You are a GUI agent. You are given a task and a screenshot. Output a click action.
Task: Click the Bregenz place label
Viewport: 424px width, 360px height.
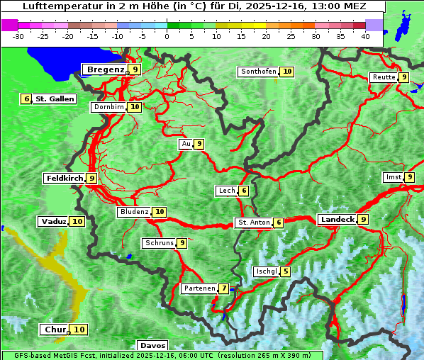pyautogui.click(x=105, y=69)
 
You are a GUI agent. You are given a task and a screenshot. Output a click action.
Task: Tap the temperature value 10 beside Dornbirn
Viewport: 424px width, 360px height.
pyautogui.click(x=135, y=107)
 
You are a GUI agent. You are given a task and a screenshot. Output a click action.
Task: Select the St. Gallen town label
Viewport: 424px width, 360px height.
pyautogui.click(x=55, y=99)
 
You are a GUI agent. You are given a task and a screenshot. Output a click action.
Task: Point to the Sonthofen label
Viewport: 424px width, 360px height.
pyautogui.click(x=258, y=72)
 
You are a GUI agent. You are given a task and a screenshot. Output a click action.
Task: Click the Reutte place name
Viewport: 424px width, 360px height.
pyautogui.click(x=383, y=77)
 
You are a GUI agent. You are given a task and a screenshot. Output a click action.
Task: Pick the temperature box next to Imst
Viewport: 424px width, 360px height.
pyautogui.click(x=409, y=177)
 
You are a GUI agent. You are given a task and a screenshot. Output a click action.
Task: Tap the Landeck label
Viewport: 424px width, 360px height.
pyautogui.click(x=337, y=220)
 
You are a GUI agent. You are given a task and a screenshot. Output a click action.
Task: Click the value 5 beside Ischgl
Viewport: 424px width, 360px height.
pyautogui.click(x=285, y=271)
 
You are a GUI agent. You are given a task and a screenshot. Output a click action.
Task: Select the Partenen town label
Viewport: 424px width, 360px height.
pyautogui.click(x=199, y=288)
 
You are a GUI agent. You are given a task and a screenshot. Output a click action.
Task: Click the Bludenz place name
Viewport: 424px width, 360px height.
pyautogui.click(x=134, y=212)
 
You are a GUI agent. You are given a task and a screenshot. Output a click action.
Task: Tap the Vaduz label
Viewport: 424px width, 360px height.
pyautogui.click(x=53, y=222)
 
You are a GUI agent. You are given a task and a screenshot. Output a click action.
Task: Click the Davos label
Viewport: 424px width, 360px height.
pyautogui.click(x=152, y=345)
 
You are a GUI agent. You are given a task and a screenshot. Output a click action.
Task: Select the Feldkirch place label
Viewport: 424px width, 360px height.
pyautogui.click(x=65, y=179)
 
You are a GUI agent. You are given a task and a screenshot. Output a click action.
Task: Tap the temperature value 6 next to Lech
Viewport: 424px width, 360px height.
pyautogui.click(x=243, y=191)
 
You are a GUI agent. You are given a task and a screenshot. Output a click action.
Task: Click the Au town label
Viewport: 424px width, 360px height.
pyautogui.click(x=186, y=144)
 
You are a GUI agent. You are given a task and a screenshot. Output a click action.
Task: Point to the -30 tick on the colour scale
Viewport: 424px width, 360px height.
pyautogui.click(x=18, y=35)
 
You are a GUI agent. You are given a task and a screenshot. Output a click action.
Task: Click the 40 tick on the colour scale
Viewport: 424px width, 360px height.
pyautogui.click(x=365, y=35)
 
